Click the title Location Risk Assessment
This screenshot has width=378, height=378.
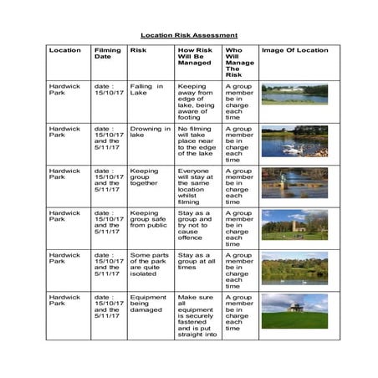coord(189,35)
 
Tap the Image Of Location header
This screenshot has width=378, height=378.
coord(294,50)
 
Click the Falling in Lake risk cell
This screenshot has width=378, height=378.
coord(147,90)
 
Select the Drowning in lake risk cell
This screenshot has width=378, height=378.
coord(147,132)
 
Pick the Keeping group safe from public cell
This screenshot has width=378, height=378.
coord(149,219)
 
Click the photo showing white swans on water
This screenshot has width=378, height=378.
coord(294,141)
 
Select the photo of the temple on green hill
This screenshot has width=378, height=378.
coord(294,310)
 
